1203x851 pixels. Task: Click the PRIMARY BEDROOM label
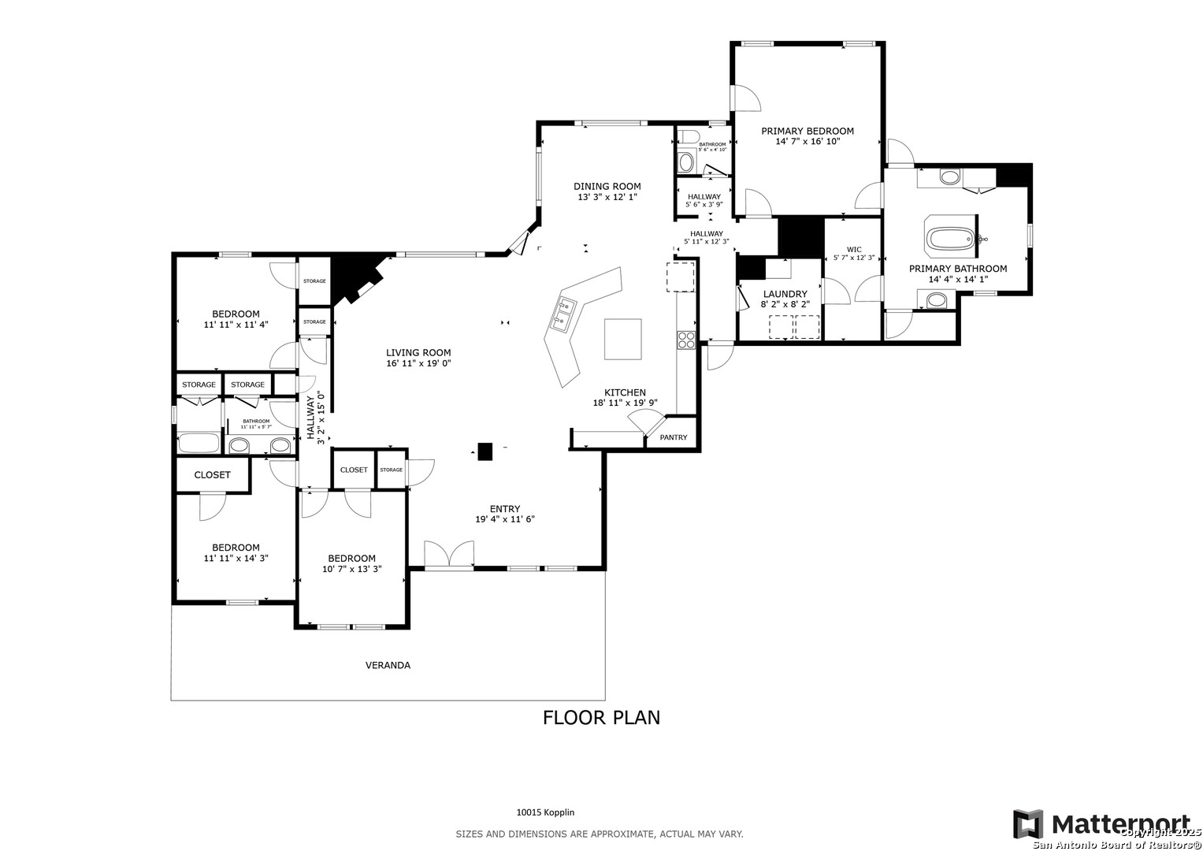[807, 131]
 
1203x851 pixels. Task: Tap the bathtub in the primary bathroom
[952, 238]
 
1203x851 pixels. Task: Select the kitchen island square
[622, 339]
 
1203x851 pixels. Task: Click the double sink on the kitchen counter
[565, 313]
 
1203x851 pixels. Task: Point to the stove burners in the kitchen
[685, 340]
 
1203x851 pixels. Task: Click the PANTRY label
[673, 437]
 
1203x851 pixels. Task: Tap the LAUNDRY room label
[785, 294]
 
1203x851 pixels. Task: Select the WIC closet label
[854, 250]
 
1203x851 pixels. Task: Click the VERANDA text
[388, 665]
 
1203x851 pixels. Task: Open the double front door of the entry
[448, 554]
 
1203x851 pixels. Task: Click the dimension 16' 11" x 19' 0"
[418, 363]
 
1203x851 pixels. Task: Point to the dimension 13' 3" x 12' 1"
[607, 197]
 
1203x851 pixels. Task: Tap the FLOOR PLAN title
[601, 717]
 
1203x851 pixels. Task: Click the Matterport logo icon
[1028, 824]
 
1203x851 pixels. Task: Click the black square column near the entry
[485, 452]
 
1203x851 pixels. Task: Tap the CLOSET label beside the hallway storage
[354, 470]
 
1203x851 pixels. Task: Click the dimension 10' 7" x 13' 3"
[351, 568]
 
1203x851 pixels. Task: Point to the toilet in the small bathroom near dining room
[686, 162]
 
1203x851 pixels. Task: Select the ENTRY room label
[504, 509]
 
